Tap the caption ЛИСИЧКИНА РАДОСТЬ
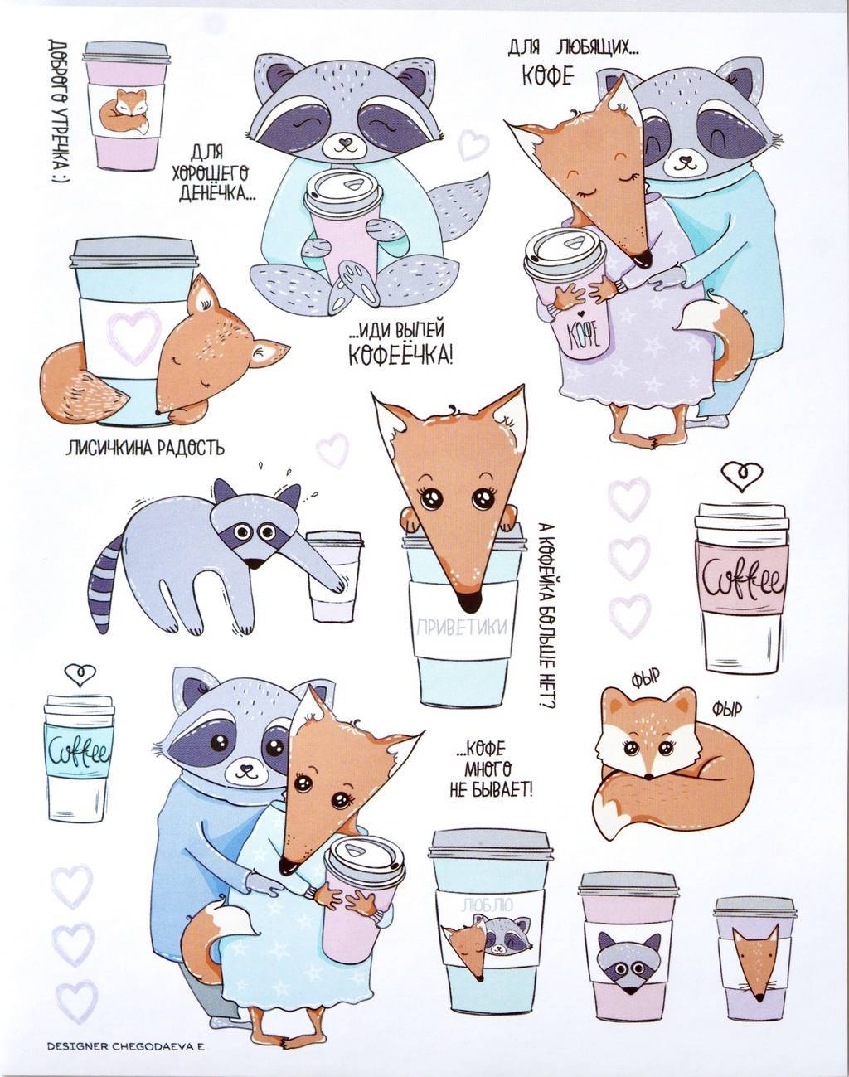(145, 448)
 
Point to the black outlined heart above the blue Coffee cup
(81, 676)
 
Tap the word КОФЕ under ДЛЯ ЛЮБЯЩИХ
(547, 76)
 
